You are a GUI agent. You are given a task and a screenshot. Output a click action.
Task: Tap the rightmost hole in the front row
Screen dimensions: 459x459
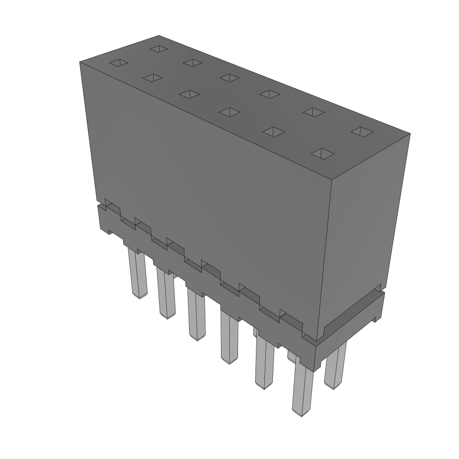click(323, 153)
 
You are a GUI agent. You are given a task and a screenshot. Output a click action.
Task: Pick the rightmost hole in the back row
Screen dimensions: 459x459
click(362, 131)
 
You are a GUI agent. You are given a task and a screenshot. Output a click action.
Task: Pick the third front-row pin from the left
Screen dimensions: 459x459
click(196, 314)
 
